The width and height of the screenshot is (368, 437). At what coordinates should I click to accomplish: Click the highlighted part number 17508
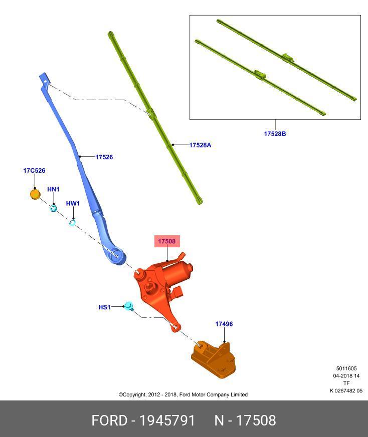click(x=167, y=241)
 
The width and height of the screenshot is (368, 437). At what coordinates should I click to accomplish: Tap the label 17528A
click(x=200, y=145)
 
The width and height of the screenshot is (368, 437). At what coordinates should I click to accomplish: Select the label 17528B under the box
click(x=275, y=134)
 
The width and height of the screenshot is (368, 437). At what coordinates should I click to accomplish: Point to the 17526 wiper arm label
click(x=104, y=157)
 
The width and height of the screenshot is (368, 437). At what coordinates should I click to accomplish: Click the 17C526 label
click(x=34, y=170)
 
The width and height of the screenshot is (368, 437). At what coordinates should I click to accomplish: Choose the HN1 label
click(x=53, y=189)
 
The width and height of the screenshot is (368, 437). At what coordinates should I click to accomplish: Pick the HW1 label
click(x=73, y=203)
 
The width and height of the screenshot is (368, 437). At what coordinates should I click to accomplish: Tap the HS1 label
click(x=104, y=307)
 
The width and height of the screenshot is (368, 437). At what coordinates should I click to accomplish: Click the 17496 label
click(x=224, y=324)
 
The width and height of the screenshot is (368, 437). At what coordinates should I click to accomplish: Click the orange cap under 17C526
click(x=35, y=194)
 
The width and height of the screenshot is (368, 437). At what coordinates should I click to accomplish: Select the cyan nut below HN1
click(x=53, y=208)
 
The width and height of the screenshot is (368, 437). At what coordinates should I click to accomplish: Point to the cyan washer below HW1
click(x=72, y=222)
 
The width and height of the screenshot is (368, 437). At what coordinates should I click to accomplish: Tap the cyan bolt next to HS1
click(x=129, y=306)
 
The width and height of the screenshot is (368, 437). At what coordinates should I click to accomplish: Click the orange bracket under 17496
click(x=214, y=359)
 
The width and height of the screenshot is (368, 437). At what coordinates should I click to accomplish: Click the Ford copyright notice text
click(x=183, y=394)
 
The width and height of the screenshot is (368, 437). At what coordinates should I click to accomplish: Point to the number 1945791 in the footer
click(x=167, y=420)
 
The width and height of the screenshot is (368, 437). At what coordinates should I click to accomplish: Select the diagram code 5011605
click(x=346, y=368)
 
